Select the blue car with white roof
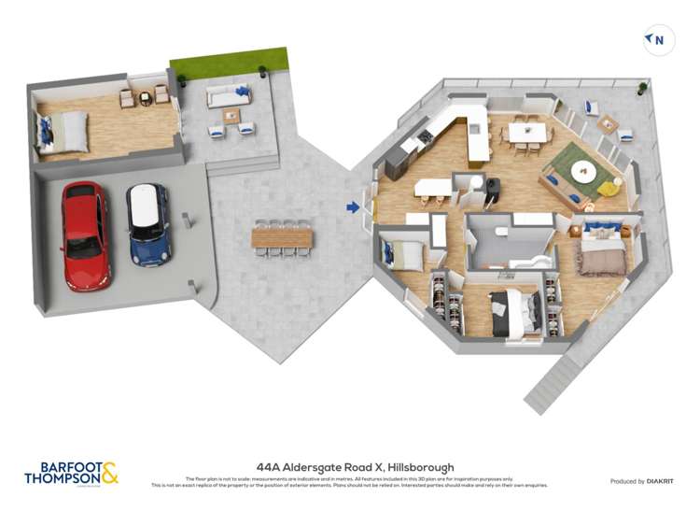point(148,223)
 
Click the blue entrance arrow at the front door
point(353,207)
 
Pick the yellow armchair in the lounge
point(609,187)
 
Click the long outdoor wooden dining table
point(282,238)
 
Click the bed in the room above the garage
point(63,132)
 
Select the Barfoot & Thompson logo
point(71,473)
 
